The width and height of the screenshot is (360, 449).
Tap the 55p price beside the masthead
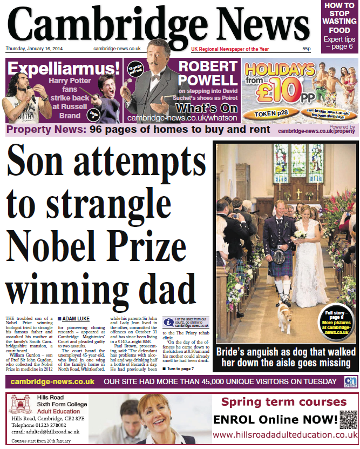click(x=306, y=49)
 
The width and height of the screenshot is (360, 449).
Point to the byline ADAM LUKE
click(x=77, y=319)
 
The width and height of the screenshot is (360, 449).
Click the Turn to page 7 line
click(x=181, y=368)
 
